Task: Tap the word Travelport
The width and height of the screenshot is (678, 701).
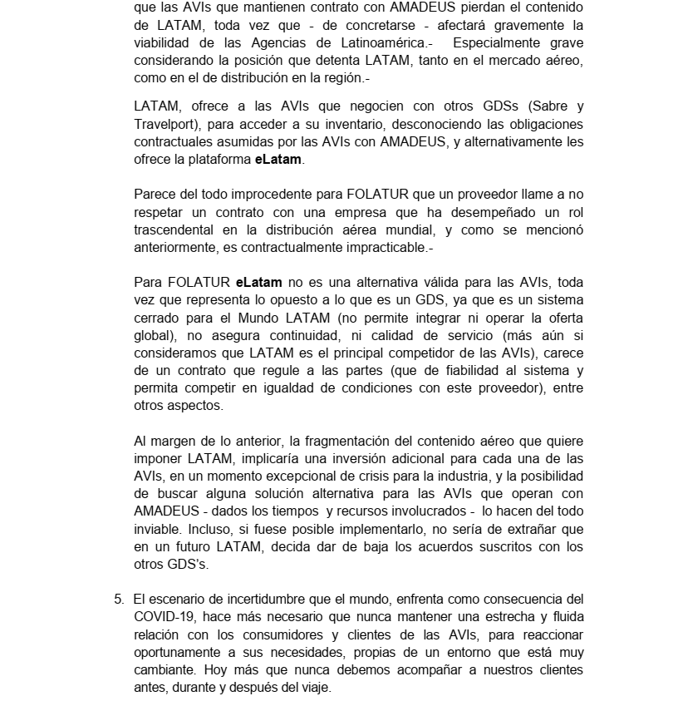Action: pyautogui.click(x=164, y=124)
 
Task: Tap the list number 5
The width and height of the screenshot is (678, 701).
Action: pyautogui.click(x=118, y=600)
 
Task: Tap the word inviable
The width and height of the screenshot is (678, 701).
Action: pyautogui.click(x=158, y=529)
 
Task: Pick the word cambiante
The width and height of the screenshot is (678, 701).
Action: pyautogui.click(x=163, y=669)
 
